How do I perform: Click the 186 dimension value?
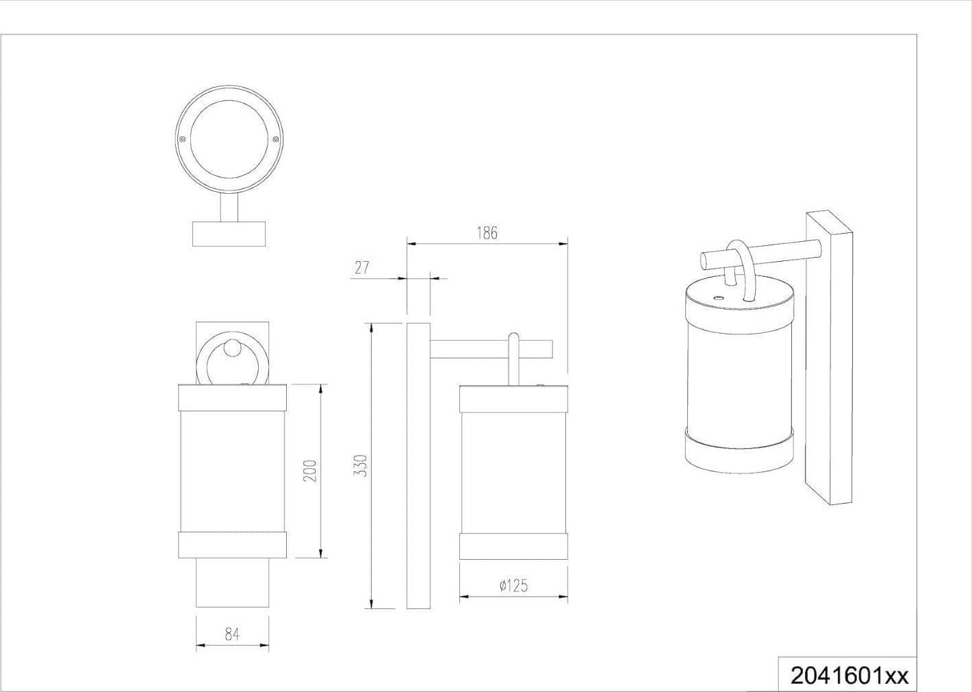(487, 233)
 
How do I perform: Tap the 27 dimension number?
(361, 268)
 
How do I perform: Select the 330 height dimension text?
(361, 466)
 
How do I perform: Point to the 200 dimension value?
(311, 471)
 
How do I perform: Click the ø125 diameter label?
(514, 586)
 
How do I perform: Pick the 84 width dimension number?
(232, 634)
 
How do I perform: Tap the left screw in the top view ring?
(182, 139)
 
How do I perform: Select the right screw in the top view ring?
(276, 139)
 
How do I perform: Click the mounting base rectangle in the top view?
(229, 234)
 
